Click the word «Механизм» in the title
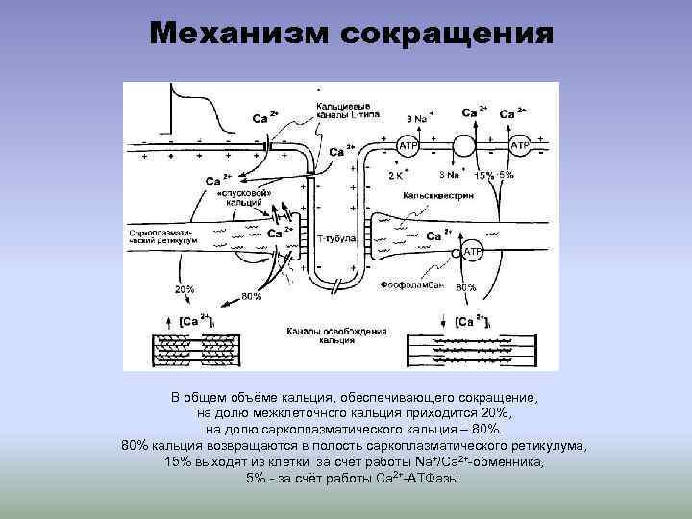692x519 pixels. point(235,34)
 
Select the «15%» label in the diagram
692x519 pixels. point(484,176)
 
